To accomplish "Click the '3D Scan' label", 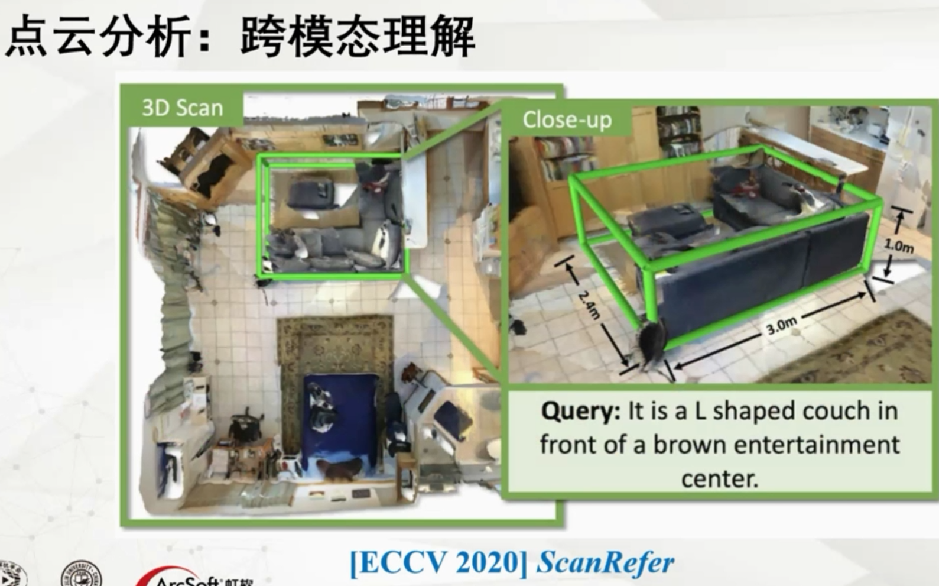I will (x=182, y=108).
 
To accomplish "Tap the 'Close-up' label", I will (x=567, y=120).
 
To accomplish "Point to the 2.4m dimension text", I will (x=589, y=305).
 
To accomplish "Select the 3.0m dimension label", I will (x=781, y=325).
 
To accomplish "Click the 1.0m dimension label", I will (x=898, y=245).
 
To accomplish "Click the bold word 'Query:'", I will (x=580, y=411).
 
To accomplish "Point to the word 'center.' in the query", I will (x=719, y=478).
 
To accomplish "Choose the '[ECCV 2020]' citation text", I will (x=438, y=562).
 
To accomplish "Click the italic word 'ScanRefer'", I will (x=605, y=562).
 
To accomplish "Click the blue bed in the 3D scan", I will (x=340, y=417).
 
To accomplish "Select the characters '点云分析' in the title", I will (x=98, y=37).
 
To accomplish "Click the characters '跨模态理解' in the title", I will (x=358, y=37).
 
